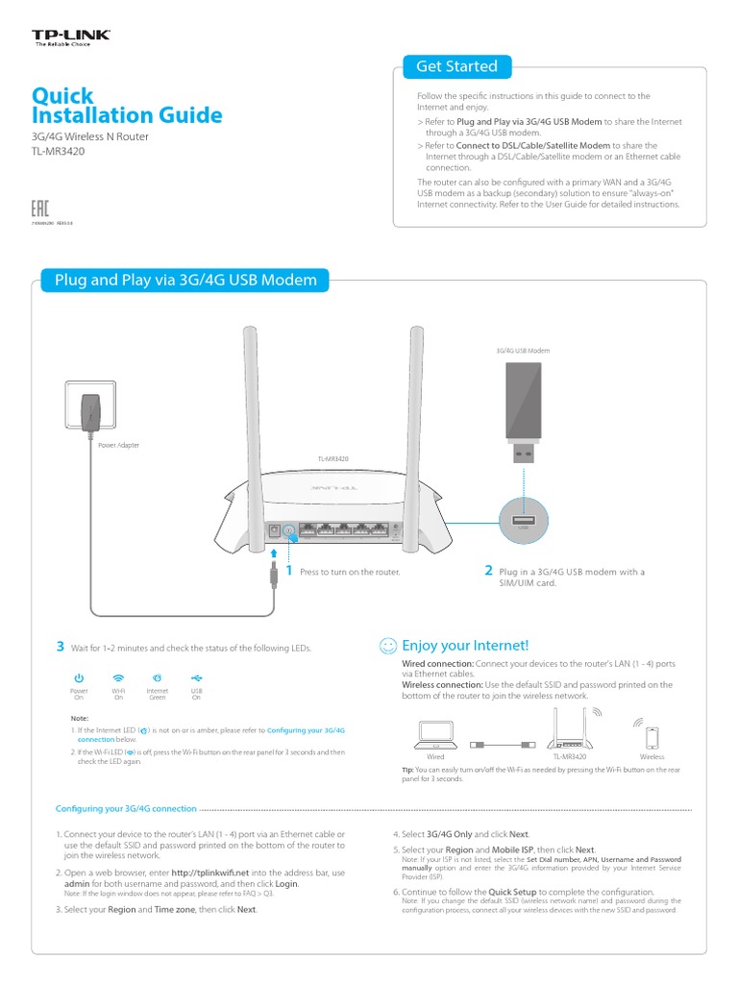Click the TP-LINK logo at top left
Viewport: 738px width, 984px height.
(x=72, y=37)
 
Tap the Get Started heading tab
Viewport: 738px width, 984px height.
(x=456, y=66)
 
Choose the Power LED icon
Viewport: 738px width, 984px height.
(x=79, y=678)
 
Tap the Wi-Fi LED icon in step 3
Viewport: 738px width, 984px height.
(x=118, y=678)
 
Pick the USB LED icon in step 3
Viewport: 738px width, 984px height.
(x=196, y=678)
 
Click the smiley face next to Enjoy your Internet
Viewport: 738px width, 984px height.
(x=388, y=646)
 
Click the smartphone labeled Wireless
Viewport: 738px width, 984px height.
(x=652, y=738)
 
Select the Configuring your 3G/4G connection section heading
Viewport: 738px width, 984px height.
(x=126, y=809)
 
